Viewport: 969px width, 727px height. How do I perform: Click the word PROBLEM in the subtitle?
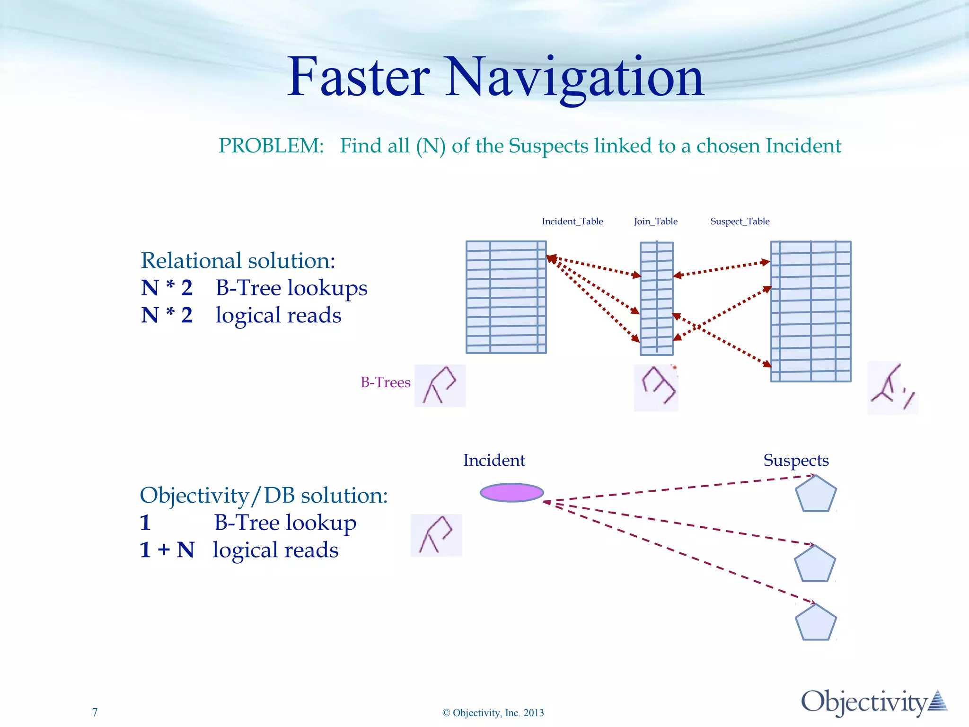coord(271,146)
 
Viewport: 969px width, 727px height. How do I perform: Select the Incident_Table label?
coord(572,221)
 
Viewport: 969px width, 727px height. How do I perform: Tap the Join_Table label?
coord(655,221)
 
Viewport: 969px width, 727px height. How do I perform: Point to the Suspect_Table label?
coord(740,221)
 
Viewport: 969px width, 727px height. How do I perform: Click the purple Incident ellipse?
coord(511,493)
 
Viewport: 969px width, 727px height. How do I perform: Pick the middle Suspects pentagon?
coord(815,564)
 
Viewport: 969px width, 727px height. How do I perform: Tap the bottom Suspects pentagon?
coord(816,623)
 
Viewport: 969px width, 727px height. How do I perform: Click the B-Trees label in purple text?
coord(385,382)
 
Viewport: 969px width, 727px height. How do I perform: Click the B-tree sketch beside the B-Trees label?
coord(440,385)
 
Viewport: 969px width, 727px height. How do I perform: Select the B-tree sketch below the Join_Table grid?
coord(656,387)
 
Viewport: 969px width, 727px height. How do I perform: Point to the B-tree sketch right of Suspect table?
coord(892,388)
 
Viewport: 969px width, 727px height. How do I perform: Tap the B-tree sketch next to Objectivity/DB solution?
coord(436,535)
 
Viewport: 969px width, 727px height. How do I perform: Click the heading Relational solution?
coord(238,260)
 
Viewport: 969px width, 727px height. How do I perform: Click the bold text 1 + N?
coord(167,550)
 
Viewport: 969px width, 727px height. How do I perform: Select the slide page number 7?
coord(95,712)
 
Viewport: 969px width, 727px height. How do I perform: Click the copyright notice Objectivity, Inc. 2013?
coord(493,713)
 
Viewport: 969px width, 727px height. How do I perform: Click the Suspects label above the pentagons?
coord(796,460)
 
